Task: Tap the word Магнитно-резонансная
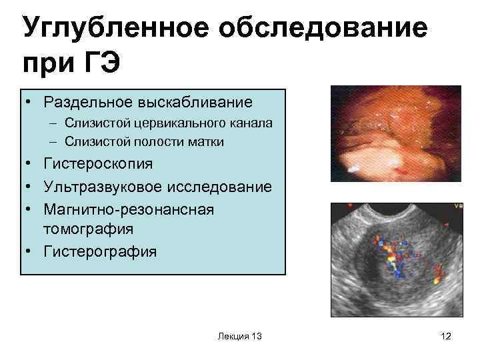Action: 128,209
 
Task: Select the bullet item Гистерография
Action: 100,251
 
